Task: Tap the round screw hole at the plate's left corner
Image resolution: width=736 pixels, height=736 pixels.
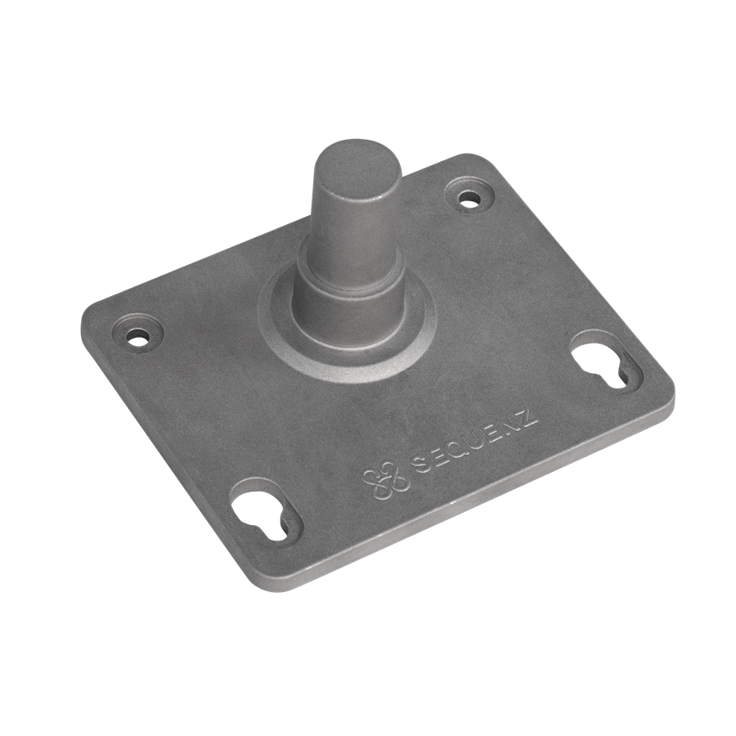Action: click(139, 335)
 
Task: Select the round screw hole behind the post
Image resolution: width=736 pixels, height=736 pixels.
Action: click(469, 198)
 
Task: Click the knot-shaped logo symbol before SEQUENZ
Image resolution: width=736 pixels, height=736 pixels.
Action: click(384, 479)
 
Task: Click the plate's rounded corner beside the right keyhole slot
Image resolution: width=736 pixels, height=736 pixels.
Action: click(666, 393)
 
